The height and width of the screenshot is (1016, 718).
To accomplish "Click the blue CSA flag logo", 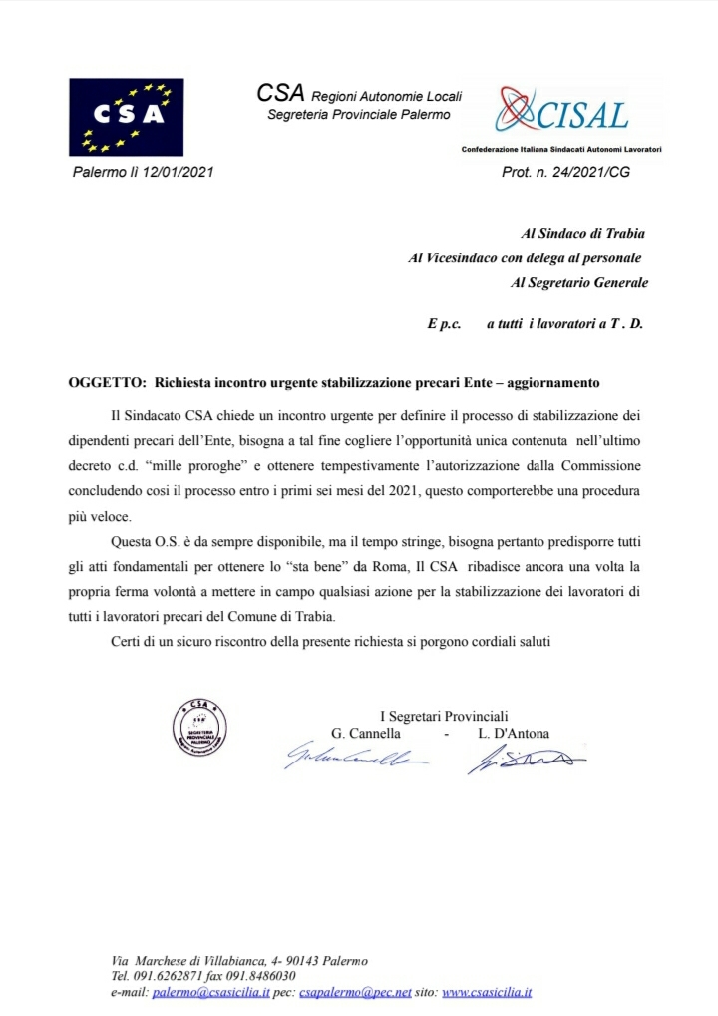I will (x=127, y=116).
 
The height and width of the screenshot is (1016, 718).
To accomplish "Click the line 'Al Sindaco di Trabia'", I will (x=583, y=234).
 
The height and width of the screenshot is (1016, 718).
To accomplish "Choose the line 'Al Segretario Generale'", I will (x=578, y=282).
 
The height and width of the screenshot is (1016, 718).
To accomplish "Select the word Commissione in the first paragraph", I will (x=610, y=467).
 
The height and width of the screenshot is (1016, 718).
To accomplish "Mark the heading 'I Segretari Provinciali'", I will (x=444, y=715).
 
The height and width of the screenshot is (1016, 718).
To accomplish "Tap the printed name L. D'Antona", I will (x=514, y=734).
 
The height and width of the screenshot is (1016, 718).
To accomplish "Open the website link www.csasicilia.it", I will (x=486, y=993).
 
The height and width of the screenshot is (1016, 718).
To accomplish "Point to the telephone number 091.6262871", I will (x=166, y=976).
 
